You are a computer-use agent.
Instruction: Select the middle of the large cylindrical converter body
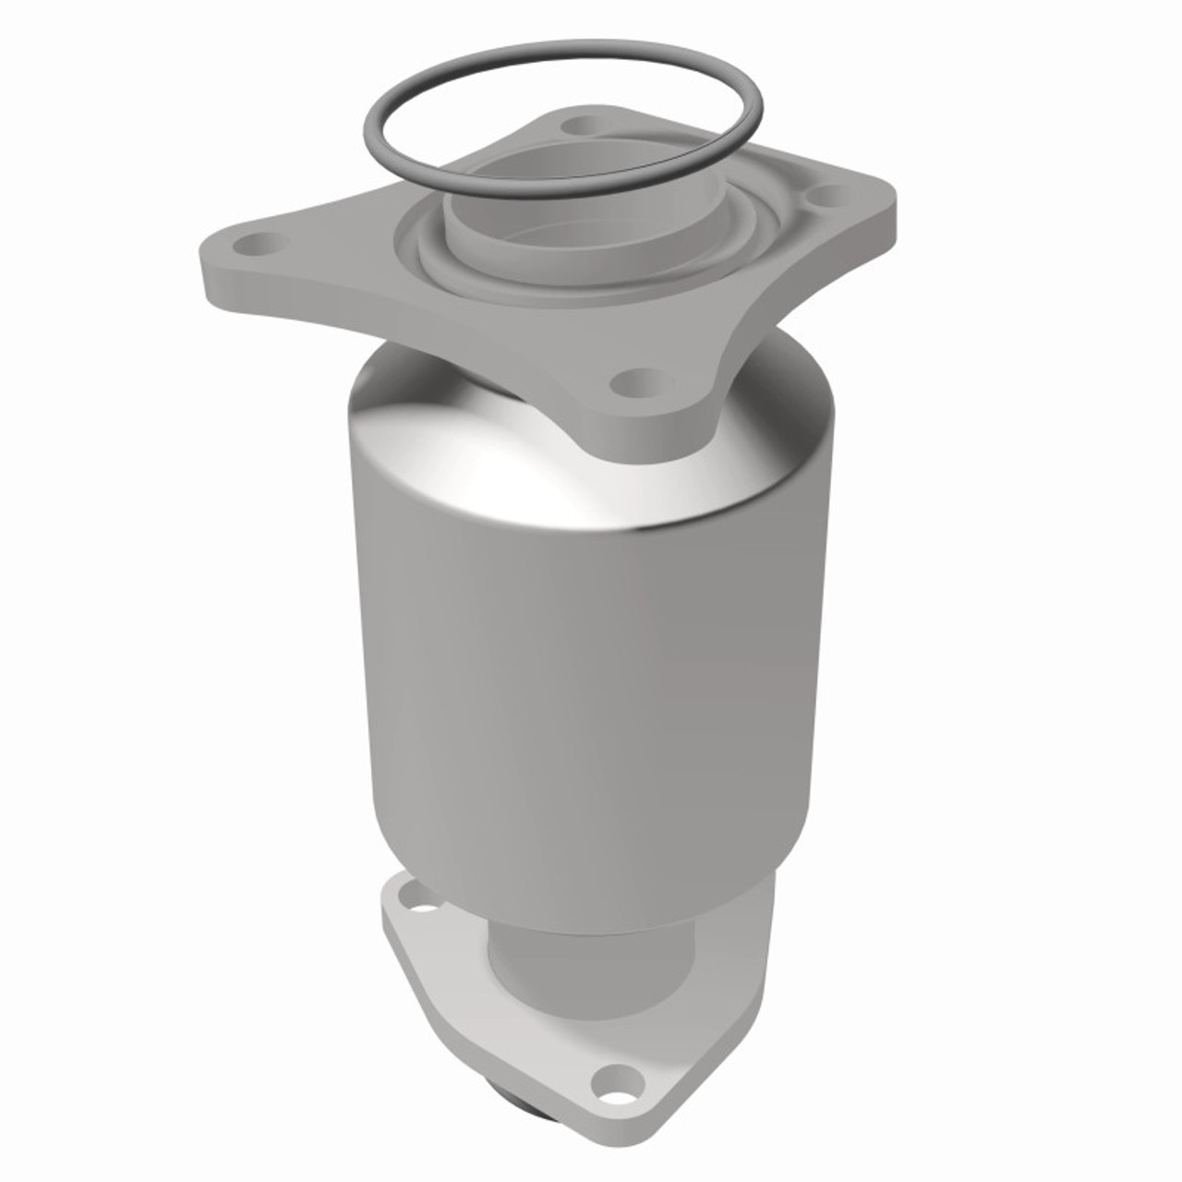pyautogui.click(x=591, y=665)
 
